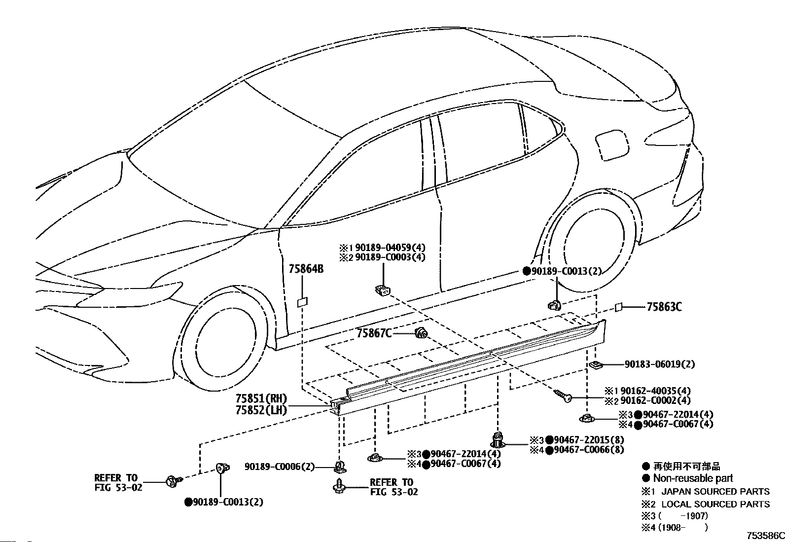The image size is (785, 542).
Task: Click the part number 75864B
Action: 306,269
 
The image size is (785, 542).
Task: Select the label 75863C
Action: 664,307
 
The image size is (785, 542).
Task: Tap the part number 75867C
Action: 374,333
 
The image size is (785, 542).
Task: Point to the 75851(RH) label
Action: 261,398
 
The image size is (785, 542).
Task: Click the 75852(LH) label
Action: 261,409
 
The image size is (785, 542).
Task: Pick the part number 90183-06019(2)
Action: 660,364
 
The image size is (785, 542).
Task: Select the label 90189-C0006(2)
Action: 280,467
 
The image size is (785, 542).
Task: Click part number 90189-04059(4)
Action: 390,248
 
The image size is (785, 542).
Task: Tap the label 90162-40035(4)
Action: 655,391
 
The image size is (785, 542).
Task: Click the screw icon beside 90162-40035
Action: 563,396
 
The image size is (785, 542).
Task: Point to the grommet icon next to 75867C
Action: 421,333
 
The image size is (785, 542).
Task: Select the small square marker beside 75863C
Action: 618,307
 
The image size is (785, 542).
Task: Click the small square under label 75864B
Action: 302,302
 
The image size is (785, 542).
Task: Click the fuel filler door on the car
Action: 612,145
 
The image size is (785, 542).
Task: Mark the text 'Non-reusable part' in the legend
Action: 693,478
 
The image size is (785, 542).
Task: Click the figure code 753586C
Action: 765,536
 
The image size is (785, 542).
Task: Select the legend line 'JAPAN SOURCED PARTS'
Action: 715,492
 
